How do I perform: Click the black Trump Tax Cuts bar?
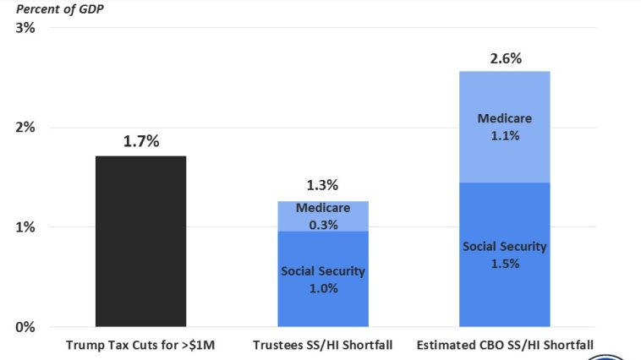140,241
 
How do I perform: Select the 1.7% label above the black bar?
141,141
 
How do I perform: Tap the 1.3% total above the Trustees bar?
322,185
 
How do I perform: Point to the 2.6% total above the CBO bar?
506,59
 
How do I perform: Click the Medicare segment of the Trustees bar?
323,216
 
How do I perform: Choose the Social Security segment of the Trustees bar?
323,279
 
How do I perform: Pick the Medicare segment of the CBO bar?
505,127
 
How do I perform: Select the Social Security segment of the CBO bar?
505,254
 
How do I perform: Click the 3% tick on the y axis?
25,28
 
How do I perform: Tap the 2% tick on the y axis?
25,128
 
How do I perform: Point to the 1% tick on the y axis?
25,227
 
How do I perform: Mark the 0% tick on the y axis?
25,327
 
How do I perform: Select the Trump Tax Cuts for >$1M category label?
140,345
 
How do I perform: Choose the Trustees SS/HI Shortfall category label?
323,345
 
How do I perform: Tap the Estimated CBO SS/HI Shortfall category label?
505,345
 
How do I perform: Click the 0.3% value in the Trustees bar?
323,225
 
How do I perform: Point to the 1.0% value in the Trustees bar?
323,288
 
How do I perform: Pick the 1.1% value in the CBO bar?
505,134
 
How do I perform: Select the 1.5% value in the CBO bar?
505,263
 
